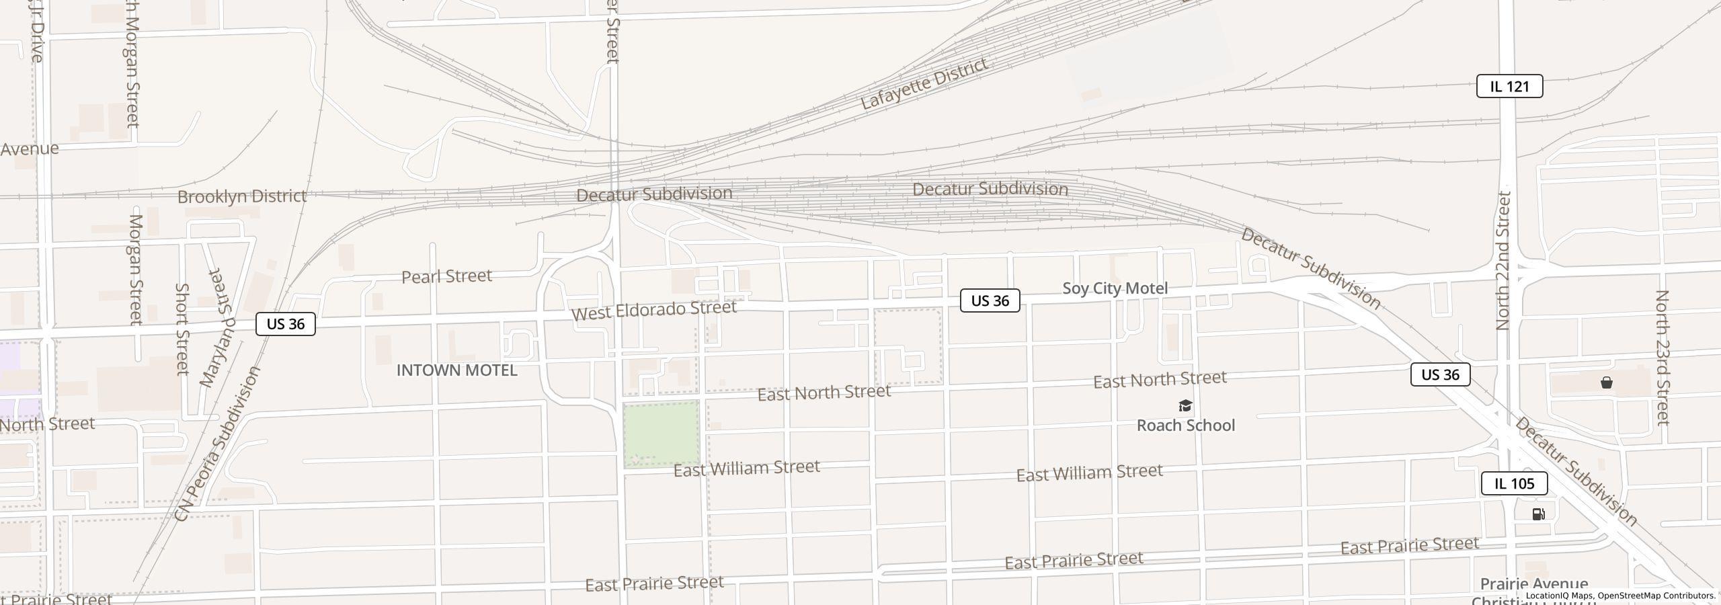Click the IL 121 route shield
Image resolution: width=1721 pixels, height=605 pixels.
[1509, 87]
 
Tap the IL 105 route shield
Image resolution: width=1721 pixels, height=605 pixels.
[1514, 483]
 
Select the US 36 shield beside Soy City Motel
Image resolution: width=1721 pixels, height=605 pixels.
[990, 300]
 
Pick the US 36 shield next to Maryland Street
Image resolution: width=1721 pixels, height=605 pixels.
[286, 324]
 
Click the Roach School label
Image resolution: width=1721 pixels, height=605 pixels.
[1185, 426]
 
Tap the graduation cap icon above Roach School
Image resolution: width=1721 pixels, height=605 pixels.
[1185, 406]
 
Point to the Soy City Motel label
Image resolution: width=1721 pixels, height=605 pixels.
[1115, 288]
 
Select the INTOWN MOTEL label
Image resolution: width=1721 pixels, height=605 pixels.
[456, 370]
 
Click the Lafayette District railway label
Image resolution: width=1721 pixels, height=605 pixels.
[924, 84]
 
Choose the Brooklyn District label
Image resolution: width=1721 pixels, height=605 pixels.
[242, 196]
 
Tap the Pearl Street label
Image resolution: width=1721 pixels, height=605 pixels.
[446, 276]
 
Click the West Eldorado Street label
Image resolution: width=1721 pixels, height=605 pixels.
[653, 310]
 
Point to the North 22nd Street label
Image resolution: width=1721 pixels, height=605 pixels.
[1503, 261]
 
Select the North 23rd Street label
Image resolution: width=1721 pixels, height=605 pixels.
[1662, 358]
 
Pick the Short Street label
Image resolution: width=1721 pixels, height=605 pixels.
[182, 329]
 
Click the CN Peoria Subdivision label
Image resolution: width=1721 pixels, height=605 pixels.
[216, 444]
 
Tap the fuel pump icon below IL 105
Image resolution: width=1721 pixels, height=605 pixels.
[1538, 514]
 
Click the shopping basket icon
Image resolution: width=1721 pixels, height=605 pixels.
[1606, 383]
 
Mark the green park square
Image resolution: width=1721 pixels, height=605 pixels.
[661, 434]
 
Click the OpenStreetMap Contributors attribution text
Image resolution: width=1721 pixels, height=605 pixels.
[1656, 596]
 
